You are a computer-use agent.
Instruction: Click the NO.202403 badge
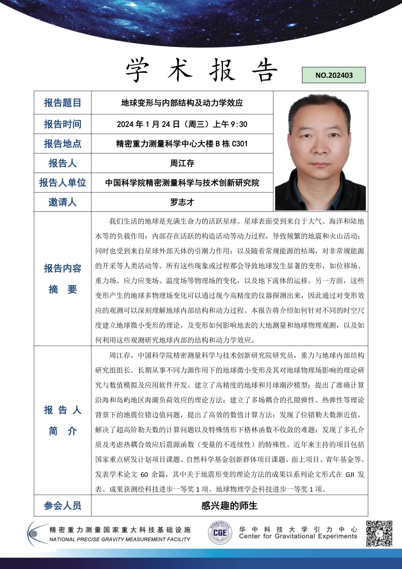click(x=334, y=75)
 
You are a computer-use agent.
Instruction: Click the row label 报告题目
click(x=62, y=103)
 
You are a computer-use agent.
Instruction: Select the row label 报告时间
click(x=62, y=124)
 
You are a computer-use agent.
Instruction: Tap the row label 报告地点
click(x=62, y=144)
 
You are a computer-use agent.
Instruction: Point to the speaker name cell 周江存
click(x=182, y=163)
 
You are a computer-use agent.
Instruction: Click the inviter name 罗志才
click(x=182, y=202)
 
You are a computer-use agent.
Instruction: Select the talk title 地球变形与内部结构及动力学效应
click(x=182, y=103)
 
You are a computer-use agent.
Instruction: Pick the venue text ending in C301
click(x=182, y=144)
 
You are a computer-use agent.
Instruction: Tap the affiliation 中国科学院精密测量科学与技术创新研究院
click(x=182, y=183)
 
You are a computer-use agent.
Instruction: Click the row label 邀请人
click(x=62, y=202)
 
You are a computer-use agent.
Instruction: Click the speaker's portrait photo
click(x=320, y=152)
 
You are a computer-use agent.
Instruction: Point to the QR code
click(x=379, y=534)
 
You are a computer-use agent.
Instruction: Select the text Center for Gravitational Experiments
click(x=298, y=536)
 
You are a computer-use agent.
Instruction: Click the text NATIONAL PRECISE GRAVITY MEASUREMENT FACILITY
click(x=120, y=539)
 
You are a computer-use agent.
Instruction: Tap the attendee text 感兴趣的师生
click(x=229, y=506)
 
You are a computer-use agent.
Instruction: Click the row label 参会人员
click(x=62, y=506)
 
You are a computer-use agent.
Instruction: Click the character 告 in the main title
click(x=264, y=70)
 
